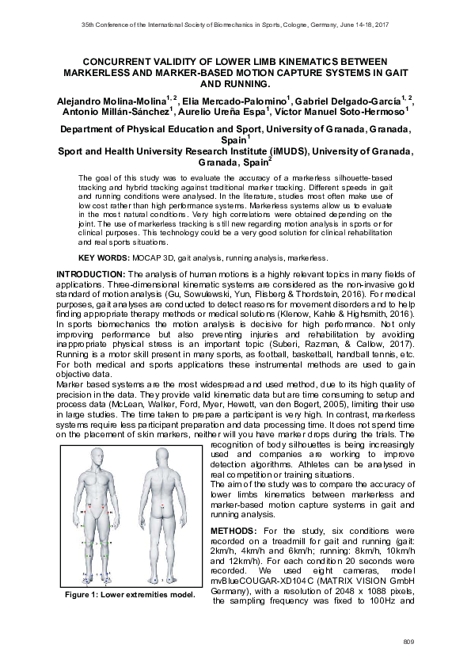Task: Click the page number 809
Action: (408, 640)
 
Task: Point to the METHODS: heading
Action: (235, 529)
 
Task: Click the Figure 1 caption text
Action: (131, 593)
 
